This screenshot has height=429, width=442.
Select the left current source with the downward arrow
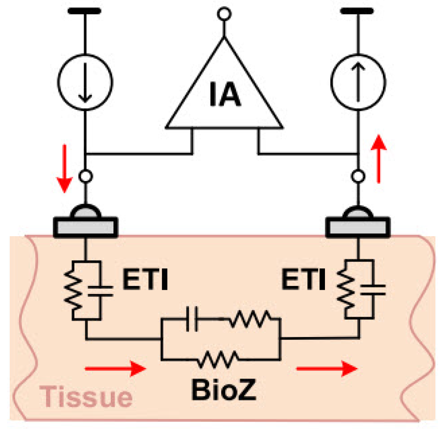[85, 83]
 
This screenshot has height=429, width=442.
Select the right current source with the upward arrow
[358, 83]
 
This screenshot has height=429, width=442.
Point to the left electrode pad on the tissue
[85, 226]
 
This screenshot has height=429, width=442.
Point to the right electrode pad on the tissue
[358, 226]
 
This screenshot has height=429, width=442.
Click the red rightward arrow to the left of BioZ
[115, 368]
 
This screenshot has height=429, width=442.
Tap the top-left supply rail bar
[85, 11]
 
